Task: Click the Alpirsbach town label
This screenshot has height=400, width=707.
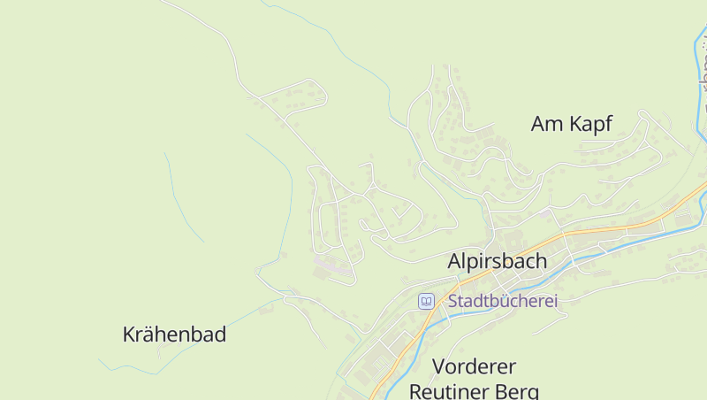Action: [x=498, y=262]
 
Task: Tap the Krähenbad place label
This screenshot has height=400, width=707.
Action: [x=174, y=335]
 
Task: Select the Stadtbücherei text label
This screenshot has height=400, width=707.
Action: [x=503, y=301]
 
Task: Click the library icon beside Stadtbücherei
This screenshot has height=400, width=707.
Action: [x=426, y=301]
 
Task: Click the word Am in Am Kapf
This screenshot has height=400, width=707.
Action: [x=546, y=124]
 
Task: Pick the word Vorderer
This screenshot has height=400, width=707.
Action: [x=475, y=366]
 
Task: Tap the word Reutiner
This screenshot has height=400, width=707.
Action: [x=455, y=390]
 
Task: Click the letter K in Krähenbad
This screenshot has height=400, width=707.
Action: [x=129, y=335]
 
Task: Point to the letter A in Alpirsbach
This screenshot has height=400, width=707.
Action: [x=455, y=262]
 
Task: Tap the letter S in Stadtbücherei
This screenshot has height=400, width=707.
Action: [x=453, y=301]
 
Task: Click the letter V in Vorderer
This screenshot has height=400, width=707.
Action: [x=438, y=366]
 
